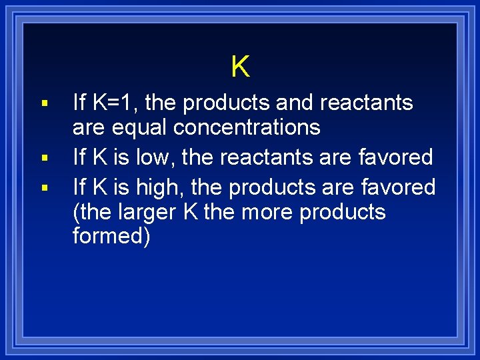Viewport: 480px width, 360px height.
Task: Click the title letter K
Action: pyautogui.click(x=240, y=67)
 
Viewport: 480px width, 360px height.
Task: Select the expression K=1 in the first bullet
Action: pyautogui.click(x=116, y=103)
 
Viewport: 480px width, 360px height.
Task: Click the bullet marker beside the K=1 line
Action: pyautogui.click(x=44, y=104)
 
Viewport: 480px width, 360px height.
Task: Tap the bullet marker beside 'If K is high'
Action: pyautogui.click(x=44, y=188)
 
